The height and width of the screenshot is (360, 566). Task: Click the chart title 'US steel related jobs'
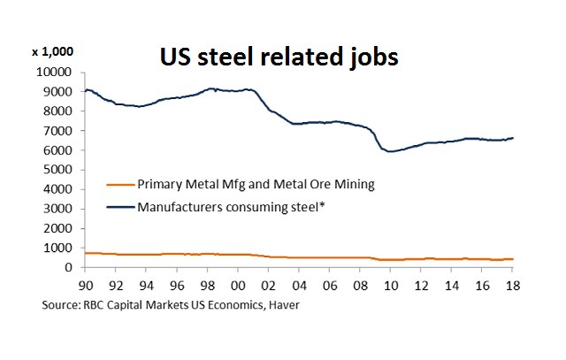(x=279, y=57)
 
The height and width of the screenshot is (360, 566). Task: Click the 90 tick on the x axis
(x=85, y=286)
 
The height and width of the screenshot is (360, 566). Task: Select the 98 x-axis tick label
(x=207, y=286)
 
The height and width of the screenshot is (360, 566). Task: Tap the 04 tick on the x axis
(x=299, y=286)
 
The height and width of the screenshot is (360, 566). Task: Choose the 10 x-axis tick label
(x=390, y=286)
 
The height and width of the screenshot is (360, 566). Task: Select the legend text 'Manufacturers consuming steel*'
(x=226, y=207)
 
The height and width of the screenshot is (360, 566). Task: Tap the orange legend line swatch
(x=119, y=184)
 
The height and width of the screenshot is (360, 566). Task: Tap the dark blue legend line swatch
(x=119, y=207)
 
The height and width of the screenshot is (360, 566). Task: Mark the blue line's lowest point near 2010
(x=390, y=151)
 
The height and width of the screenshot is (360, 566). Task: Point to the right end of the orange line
(x=513, y=259)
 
